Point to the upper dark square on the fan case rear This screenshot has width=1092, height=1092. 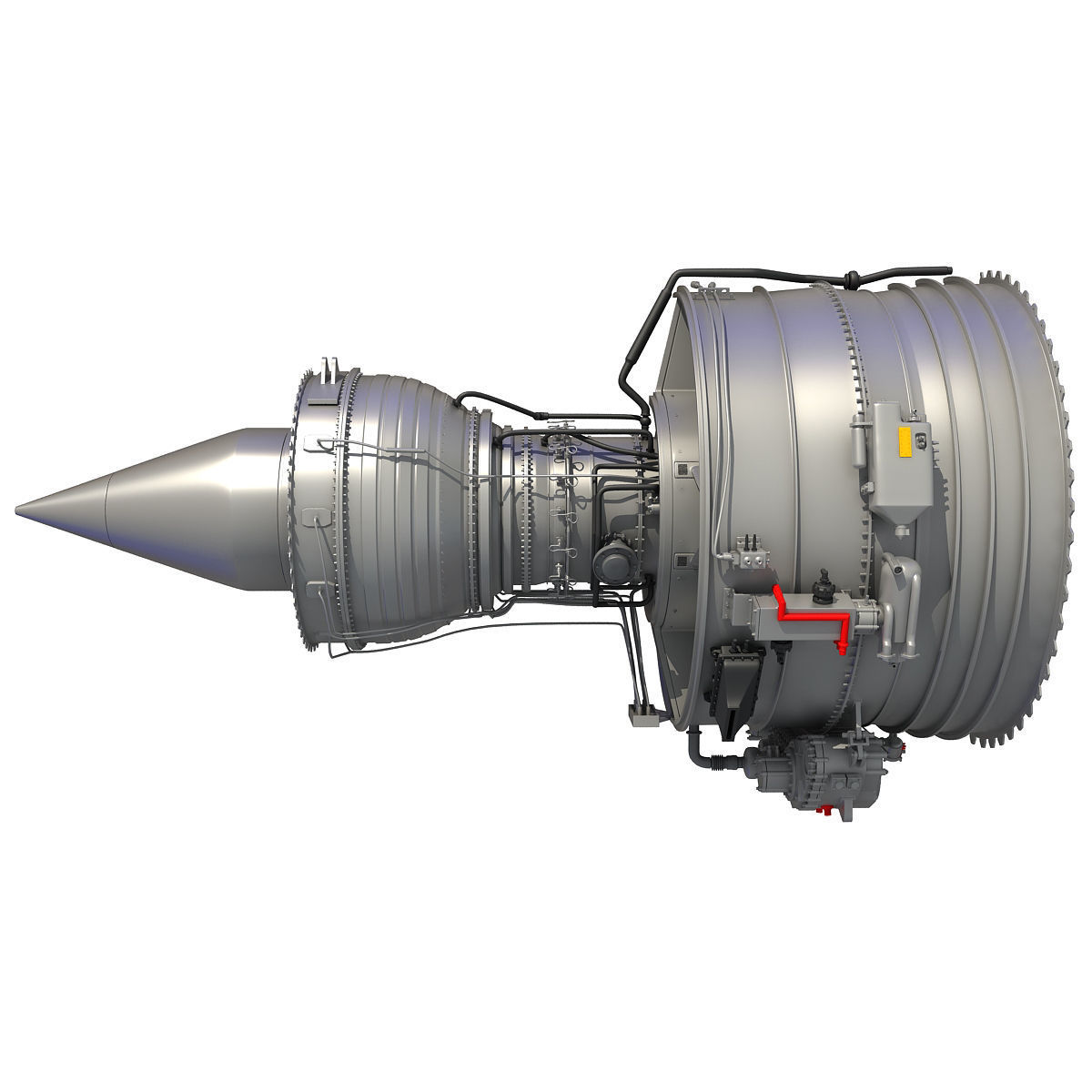(681, 469)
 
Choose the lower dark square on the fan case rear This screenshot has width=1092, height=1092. (681, 556)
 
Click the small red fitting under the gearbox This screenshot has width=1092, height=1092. (824, 807)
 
